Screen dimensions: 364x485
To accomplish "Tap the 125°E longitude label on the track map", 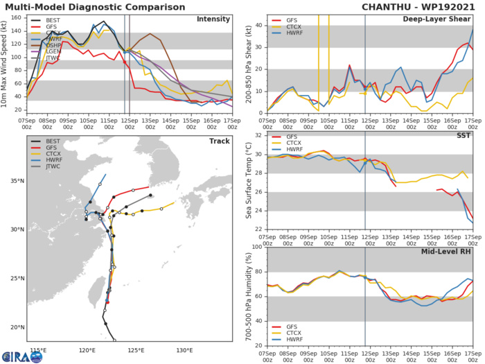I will [136, 350].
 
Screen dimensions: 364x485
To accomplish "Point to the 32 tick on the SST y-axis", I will [258, 135].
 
